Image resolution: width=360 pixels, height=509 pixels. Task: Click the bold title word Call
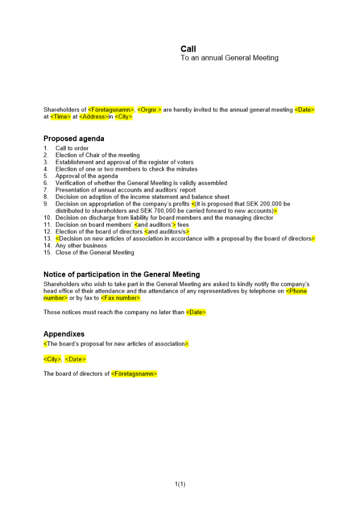click(x=188, y=49)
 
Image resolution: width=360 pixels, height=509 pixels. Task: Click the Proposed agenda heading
click(x=74, y=138)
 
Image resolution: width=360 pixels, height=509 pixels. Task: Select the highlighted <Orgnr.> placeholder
click(x=150, y=110)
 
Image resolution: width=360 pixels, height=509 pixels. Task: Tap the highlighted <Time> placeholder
click(x=61, y=117)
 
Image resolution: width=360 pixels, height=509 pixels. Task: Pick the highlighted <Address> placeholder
click(x=94, y=117)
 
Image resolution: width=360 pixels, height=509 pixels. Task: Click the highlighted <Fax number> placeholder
click(x=120, y=298)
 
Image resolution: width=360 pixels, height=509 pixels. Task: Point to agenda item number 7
click(x=46, y=190)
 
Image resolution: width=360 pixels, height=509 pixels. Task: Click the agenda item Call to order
click(x=72, y=148)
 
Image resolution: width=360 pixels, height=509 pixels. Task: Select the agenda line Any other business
click(x=81, y=245)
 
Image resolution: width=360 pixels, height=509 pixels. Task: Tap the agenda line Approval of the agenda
click(x=87, y=176)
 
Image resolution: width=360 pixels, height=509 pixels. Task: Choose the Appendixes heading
click(x=64, y=334)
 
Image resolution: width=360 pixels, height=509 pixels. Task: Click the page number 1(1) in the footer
click(x=180, y=484)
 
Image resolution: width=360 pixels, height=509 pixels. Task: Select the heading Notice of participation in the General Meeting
click(x=122, y=275)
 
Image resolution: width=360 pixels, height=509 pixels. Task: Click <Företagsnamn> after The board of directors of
click(x=134, y=374)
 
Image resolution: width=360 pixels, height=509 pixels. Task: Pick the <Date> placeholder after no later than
click(x=196, y=313)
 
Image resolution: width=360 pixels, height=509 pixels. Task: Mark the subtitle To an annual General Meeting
click(x=230, y=58)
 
